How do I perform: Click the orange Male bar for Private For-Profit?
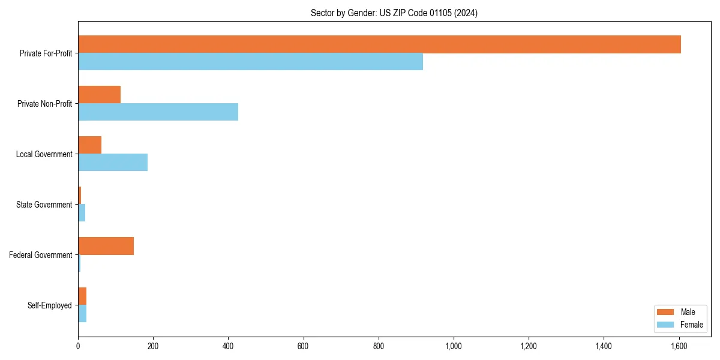[379, 44]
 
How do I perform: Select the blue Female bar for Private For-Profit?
[250, 62]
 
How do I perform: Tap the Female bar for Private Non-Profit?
[158, 112]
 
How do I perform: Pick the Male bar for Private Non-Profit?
[99, 95]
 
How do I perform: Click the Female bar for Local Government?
[113, 163]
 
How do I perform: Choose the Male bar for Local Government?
[89, 145]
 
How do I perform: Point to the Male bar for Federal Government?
[106, 246]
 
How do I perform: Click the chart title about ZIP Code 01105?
[394, 13]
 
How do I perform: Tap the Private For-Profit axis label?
[46, 53]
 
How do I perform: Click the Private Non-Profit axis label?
[44, 104]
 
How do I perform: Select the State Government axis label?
[44, 205]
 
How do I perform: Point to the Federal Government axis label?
[41, 255]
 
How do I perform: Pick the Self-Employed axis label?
[50, 305]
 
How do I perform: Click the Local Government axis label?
[44, 154]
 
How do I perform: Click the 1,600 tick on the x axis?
[679, 346]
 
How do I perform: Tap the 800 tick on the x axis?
[378, 346]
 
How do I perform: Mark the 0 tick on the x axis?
[78, 346]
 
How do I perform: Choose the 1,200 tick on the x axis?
[529, 346]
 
